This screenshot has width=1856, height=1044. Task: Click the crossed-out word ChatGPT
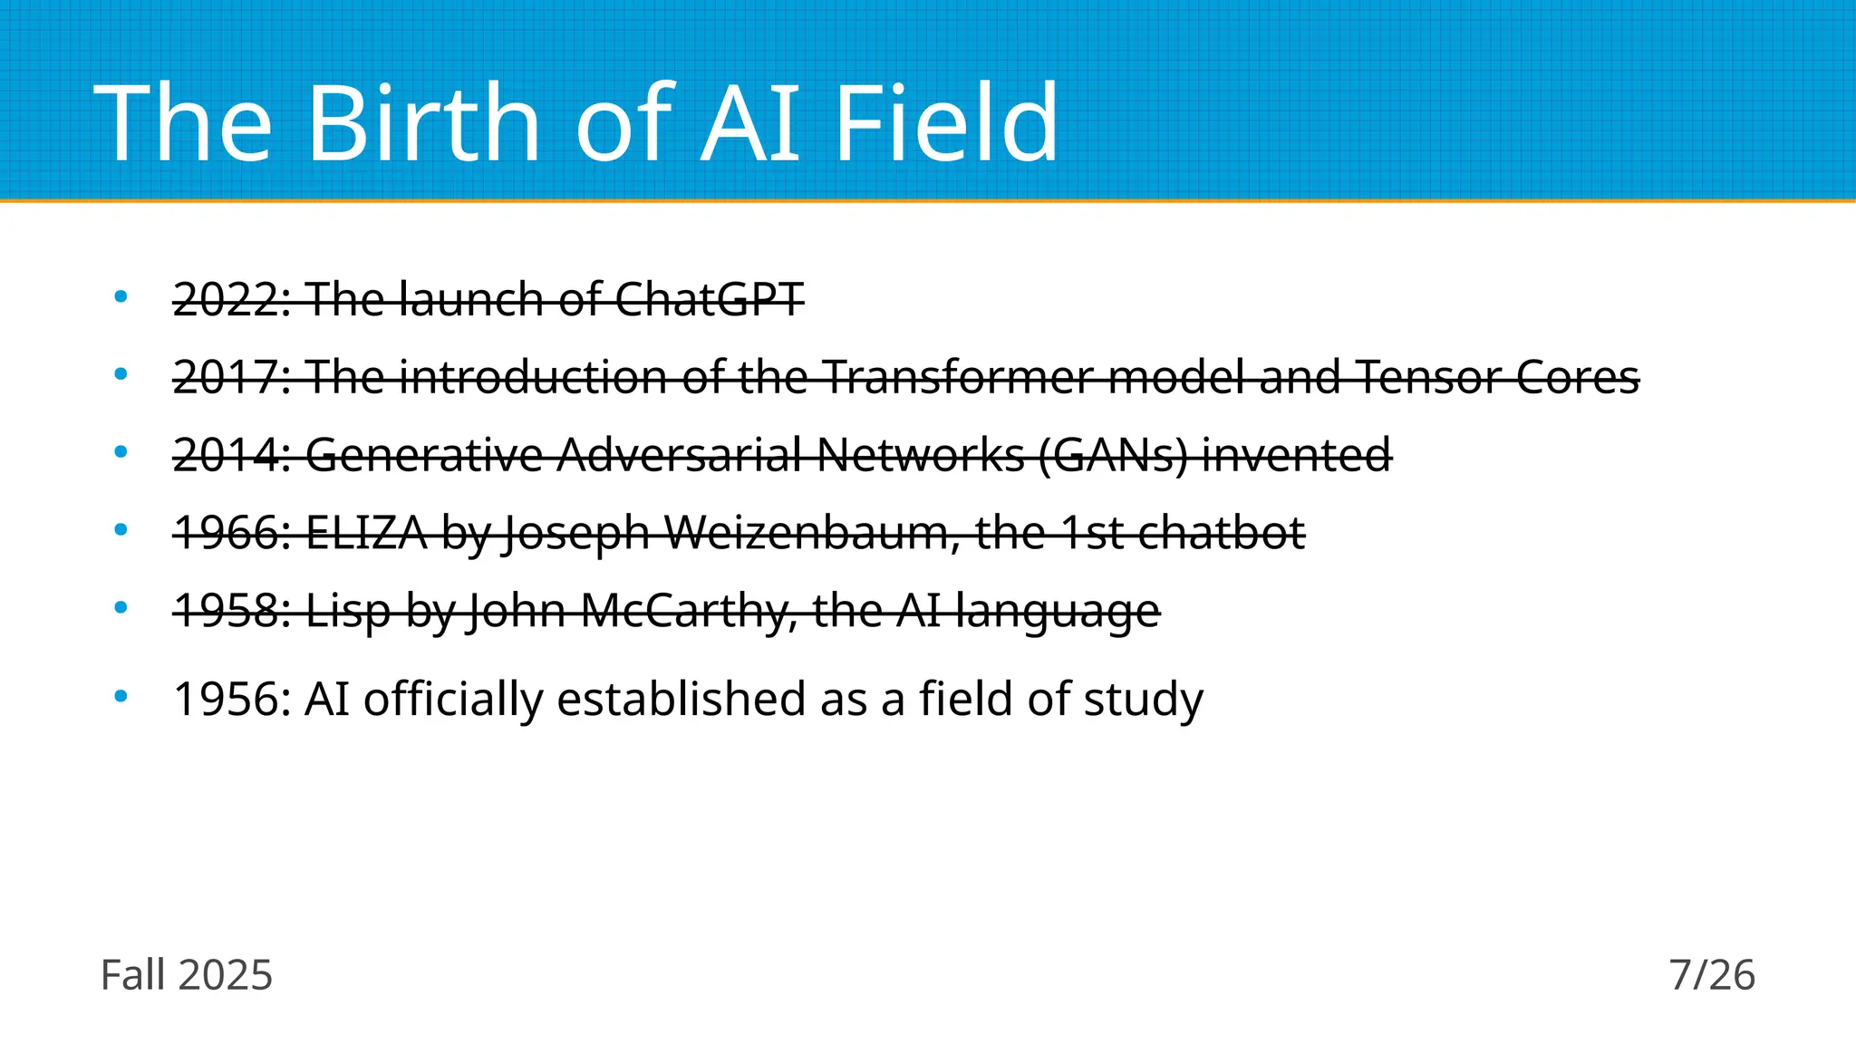709,299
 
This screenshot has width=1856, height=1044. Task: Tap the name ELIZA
366,533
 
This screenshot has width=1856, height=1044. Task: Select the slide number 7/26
1712,975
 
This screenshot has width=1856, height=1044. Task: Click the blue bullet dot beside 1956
121,697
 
